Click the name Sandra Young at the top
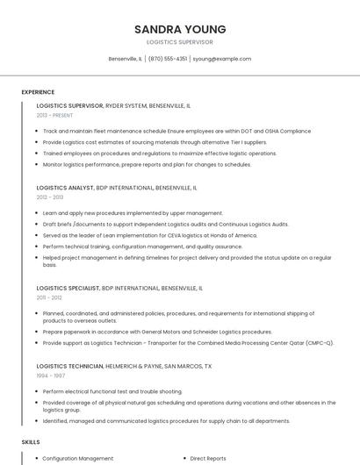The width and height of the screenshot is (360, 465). [x=179, y=29]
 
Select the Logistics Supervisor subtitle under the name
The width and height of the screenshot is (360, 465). [x=179, y=42]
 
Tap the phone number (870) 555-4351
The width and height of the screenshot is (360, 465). [x=168, y=59]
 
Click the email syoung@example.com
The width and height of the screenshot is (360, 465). [x=222, y=59]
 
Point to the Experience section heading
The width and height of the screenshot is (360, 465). [x=38, y=92]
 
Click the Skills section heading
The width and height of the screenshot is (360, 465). [x=31, y=442]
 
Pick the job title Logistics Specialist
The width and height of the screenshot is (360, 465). [x=68, y=288]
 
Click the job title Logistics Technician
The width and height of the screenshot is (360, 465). [x=69, y=366]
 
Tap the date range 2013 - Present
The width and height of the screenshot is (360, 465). [x=54, y=115]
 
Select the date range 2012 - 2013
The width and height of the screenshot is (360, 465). [x=50, y=197]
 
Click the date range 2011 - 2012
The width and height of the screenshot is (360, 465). [x=49, y=297]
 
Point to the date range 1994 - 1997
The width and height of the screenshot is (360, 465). [x=50, y=376]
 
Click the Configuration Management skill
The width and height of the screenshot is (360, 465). [x=78, y=458]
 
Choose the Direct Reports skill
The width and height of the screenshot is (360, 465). [x=208, y=458]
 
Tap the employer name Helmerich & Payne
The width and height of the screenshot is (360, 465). [x=144, y=366]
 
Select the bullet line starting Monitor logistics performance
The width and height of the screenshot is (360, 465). [x=134, y=164]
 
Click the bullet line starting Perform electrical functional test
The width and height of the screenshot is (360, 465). [x=112, y=390]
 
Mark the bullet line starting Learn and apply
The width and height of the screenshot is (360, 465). [x=133, y=212]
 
